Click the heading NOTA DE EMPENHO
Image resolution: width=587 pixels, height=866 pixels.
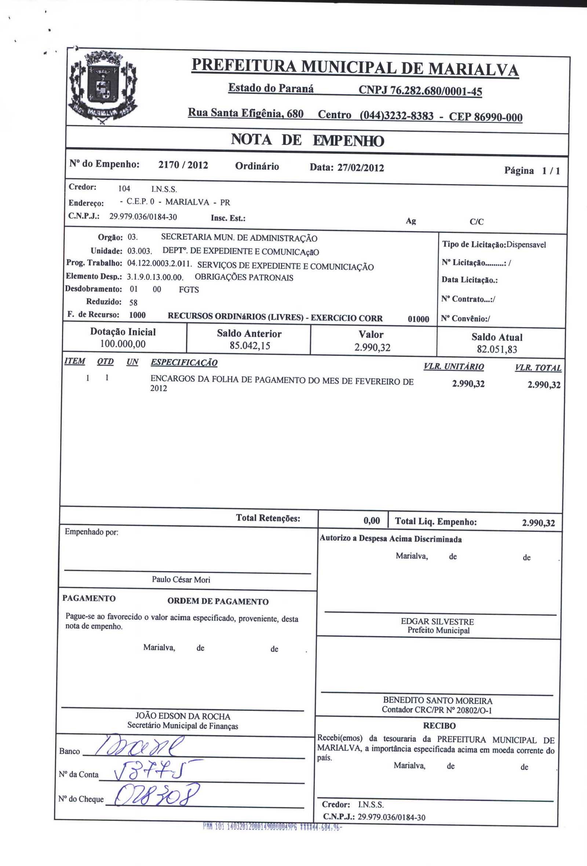click(307, 140)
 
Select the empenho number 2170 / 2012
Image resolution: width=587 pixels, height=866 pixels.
click(183, 165)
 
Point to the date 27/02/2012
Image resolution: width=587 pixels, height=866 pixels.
click(360, 168)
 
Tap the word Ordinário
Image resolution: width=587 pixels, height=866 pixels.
click(257, 166)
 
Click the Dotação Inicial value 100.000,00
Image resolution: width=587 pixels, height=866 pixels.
click(123, 344)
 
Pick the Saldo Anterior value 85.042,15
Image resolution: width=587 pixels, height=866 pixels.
click(250, 346)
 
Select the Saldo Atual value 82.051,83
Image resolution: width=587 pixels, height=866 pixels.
click(497, 349)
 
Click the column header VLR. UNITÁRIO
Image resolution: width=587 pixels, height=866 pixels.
click(453, 367)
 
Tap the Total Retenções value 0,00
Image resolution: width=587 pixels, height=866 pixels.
click(372, 521)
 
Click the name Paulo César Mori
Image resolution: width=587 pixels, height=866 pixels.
click(181, 580)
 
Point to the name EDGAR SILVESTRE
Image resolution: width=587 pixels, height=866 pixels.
click(437, 622)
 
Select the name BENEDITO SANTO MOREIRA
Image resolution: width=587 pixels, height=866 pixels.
click(438, 701)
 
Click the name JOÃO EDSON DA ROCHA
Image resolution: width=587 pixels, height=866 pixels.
click(183, 716)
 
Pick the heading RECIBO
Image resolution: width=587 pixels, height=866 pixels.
click(439, 726)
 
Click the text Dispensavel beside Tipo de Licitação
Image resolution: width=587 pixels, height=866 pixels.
click(526, 245)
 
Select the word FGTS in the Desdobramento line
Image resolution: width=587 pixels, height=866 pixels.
click(189, 289)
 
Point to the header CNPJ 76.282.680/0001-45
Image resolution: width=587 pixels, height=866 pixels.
click(420, 91)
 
